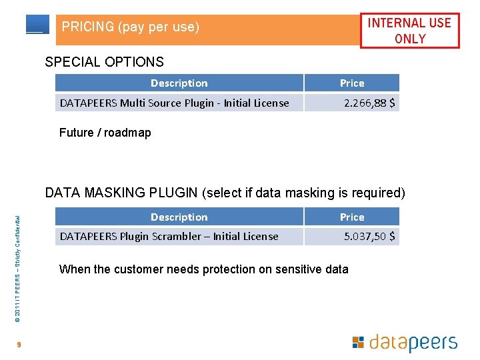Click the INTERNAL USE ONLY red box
click(x=409, y=31)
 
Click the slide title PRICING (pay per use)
click(x=131, y=27)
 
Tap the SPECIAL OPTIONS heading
click(x=104, y=62)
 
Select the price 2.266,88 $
click(x=369, y=103)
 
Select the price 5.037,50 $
click(x=369, y=236)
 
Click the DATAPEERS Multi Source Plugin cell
click(x=175, y=103)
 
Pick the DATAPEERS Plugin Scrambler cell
click(x=169, y=236)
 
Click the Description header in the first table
click(x=179, y=83)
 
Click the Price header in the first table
click(x=352, y=83)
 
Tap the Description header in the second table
click(x=179, y=217)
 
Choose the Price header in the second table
click(x=352, y=217)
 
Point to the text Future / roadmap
click(x=105, y=133)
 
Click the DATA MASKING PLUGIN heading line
click(x=225, y=193)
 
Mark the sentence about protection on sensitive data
click(x=203, y=269)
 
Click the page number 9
click(x=20, y=345)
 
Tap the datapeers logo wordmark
click(x=413, y=343)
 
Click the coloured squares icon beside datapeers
click(x=358, y=343)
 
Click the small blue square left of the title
click(x=37, y=24)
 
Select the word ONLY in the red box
click(x=410, y=39)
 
